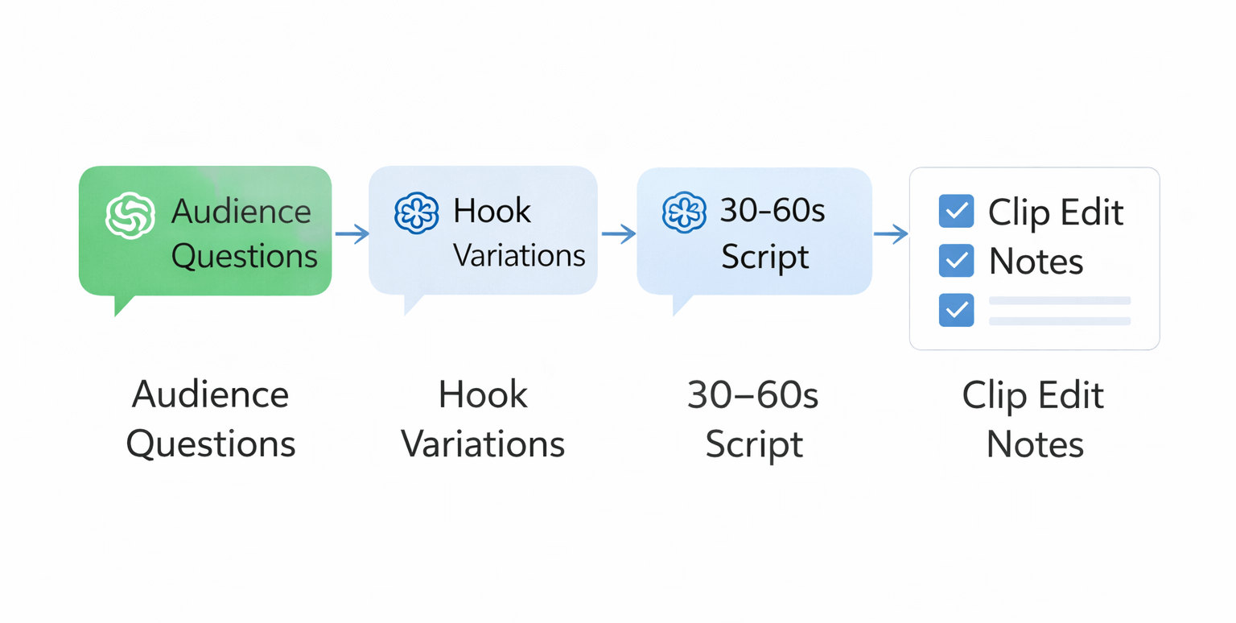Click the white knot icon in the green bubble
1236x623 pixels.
point(130,215)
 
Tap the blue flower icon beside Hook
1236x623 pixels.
point(416,212)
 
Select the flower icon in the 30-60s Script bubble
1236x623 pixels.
point(684,212)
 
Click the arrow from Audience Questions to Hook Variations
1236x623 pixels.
point(351,234)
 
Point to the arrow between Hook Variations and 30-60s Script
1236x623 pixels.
point(618,234)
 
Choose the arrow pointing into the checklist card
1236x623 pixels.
point(890,234)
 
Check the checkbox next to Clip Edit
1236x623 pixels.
point(956,212)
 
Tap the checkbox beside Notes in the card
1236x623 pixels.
point(956,261)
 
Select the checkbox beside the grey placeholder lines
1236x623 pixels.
point(956,310)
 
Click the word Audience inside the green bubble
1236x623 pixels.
point(241,212)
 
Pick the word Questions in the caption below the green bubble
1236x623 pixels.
point(211,444)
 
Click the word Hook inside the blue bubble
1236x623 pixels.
point(492,211)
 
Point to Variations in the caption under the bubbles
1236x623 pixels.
point(483,444)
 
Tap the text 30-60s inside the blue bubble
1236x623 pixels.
point(772,211)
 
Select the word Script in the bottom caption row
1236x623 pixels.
point(754,444)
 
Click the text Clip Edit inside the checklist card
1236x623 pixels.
point(1056,212)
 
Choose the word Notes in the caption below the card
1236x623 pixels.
point(1035,444)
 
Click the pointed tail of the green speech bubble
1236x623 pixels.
point(122,306)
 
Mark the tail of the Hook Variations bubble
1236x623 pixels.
point(412,304)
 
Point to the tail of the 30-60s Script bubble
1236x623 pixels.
point(681,305)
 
